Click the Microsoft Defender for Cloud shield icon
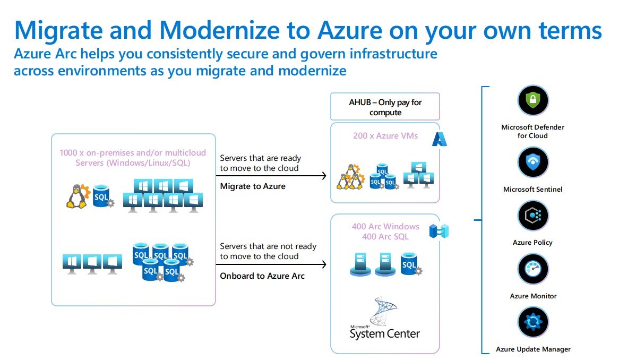point(532,100)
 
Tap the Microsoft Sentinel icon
point(532,162)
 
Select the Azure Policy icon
point(532,216)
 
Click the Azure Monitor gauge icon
point(532,269)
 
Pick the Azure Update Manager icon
point(532,322)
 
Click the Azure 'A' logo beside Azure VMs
point(439,139)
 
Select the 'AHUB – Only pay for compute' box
point(385,107)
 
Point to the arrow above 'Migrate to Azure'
point(273,176)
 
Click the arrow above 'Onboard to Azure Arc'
point(273,264)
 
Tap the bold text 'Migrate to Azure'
point(253,186)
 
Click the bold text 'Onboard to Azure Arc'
point(262,276)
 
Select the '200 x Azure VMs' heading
point(385,135)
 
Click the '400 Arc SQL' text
point(385,236)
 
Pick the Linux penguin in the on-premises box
point(78,196)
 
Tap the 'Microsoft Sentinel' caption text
point(532,189)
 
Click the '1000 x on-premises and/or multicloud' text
point(133,152)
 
